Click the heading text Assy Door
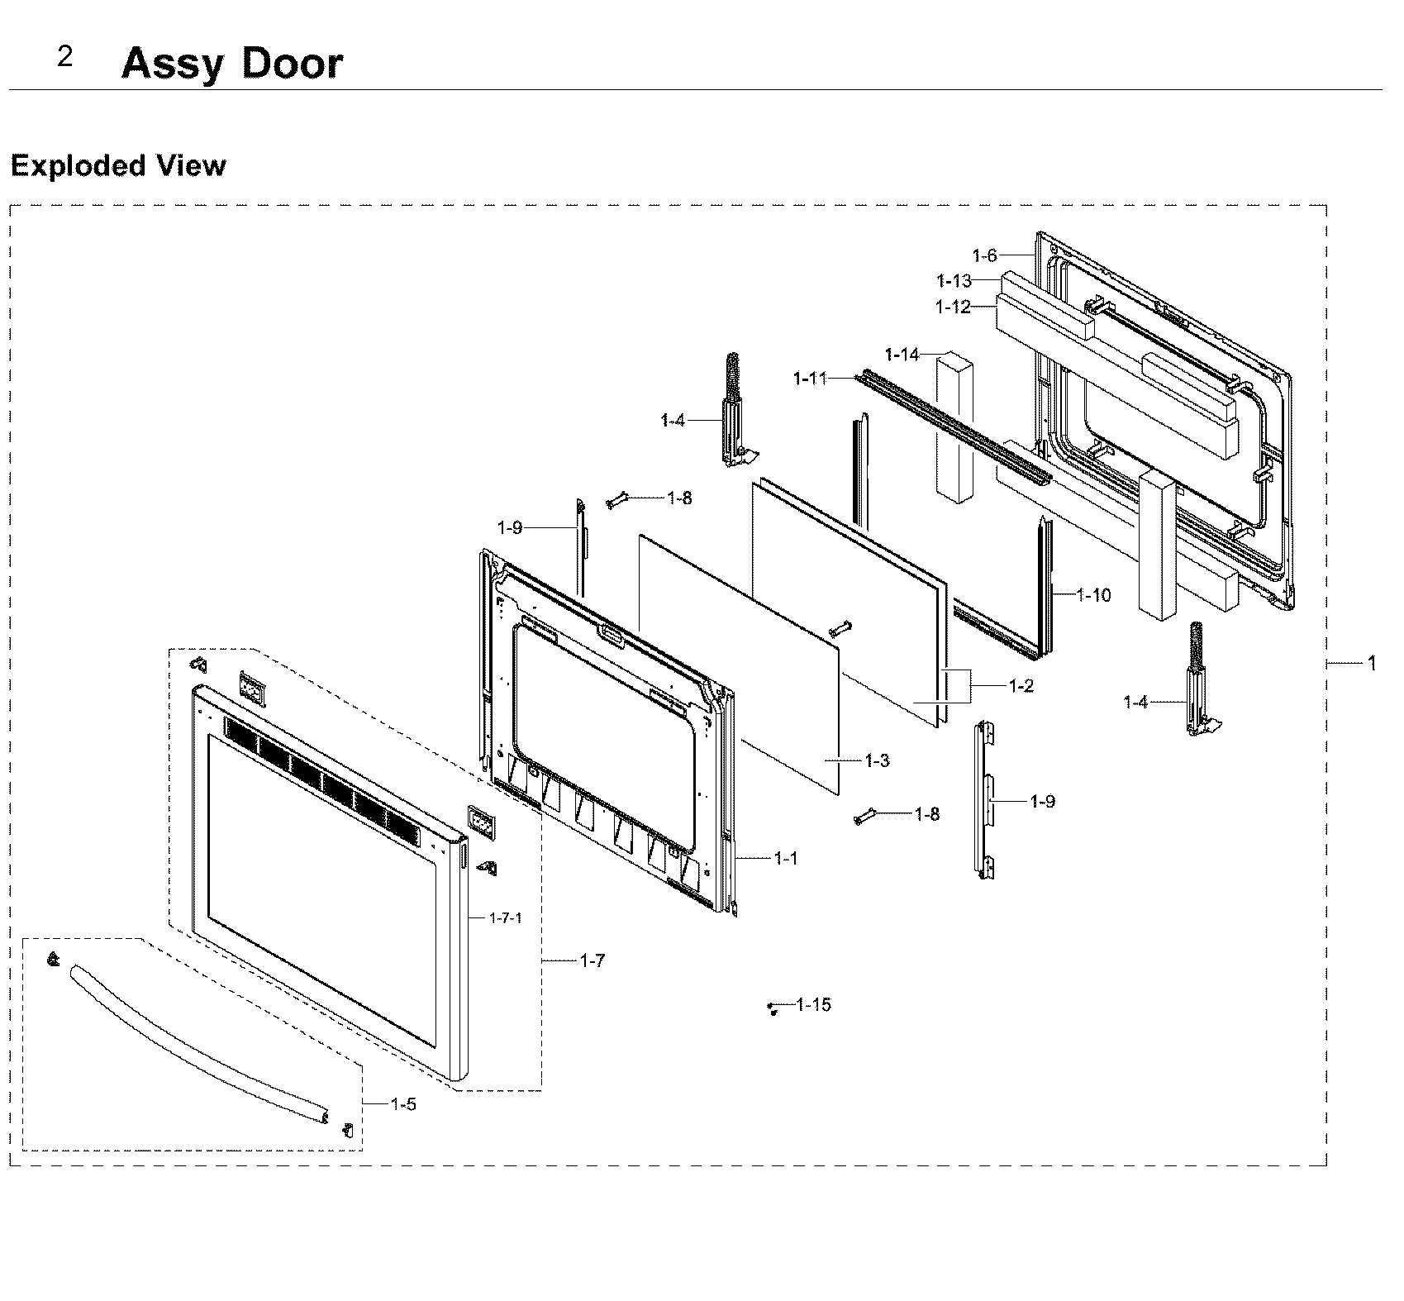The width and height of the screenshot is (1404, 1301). tap(231, 64)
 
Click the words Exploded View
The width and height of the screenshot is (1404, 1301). tap(117, 165)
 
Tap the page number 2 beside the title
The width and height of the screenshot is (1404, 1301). tap(64, 57)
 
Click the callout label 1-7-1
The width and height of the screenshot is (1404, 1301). tap(505, 917)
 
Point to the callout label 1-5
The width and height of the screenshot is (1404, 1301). tap(403, 1103)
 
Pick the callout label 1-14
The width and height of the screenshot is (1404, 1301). tap(902, 355)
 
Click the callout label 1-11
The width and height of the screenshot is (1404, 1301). tap(810, 379)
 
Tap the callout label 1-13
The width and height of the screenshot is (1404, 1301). tap(954, 281)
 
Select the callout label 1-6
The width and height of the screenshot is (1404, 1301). tap(984, 255)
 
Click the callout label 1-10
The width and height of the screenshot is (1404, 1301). tap(1094, 595)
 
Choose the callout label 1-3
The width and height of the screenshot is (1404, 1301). tap(877, 760)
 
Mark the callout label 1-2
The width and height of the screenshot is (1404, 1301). tap(1021, 686)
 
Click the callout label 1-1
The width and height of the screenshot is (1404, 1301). tap(786, 859)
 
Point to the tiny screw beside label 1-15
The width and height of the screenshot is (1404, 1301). tap(772, 1008)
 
